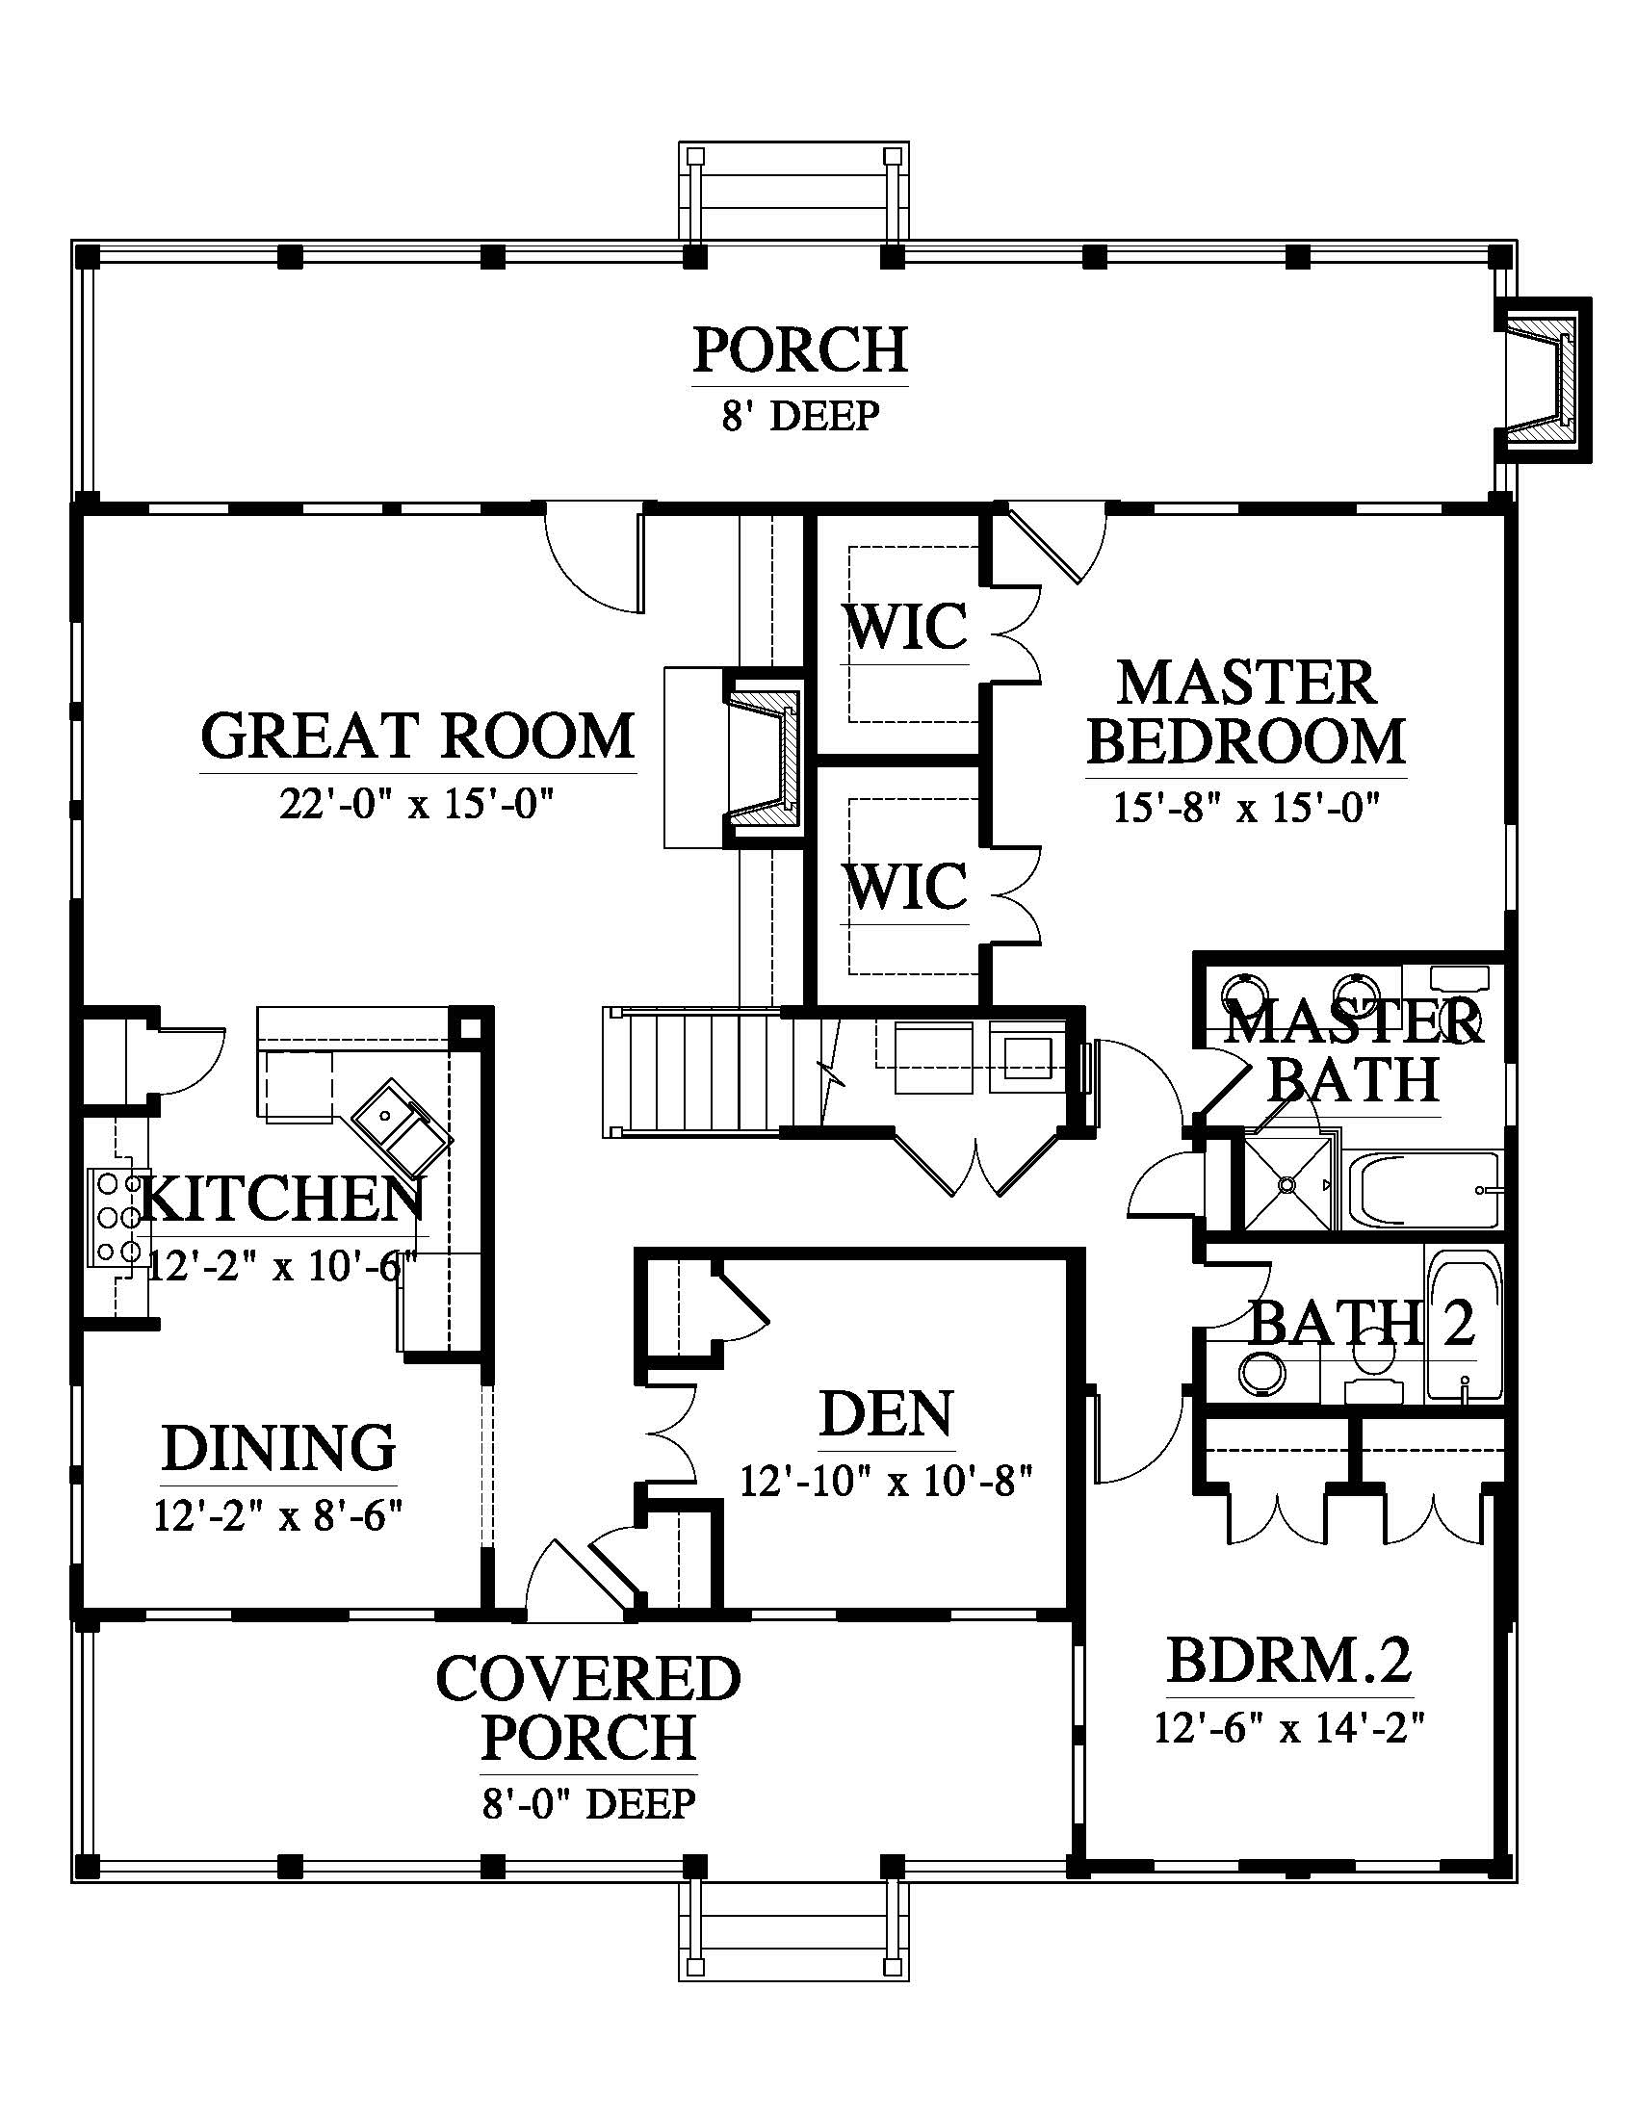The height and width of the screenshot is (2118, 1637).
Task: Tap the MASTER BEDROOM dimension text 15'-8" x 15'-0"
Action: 1245,807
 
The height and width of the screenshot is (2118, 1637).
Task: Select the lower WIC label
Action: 907,885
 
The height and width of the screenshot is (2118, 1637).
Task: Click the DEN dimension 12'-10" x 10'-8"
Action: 886,1481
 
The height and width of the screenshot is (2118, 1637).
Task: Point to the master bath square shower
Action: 1286,1183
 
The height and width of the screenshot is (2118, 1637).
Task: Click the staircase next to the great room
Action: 692,1071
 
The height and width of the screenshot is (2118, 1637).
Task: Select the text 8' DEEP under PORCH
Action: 800,416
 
